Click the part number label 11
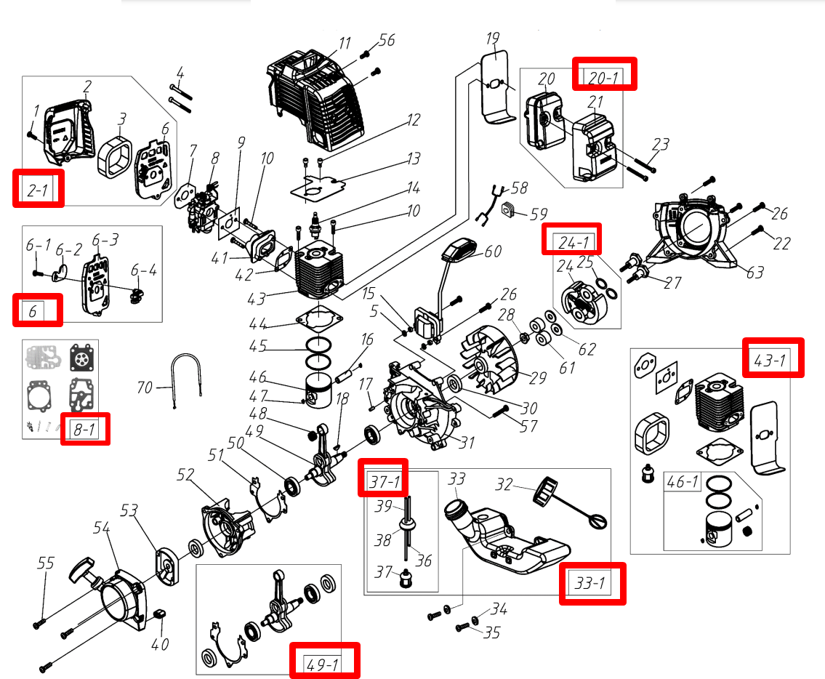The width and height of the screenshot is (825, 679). click(x=345, y=43)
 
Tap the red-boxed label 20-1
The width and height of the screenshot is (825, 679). click(x=604, y=74)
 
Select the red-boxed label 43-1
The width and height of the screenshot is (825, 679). click(x=773, y=357)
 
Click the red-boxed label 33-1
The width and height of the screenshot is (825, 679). click(x=592, y=584)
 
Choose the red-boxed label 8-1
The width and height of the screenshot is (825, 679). click(x=85, y=429)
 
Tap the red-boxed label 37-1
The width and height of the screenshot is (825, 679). click(x=383, y=480)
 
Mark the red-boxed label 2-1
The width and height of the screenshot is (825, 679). click(x=39, y=188)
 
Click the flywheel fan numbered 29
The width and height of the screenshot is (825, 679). click(x=490, y=359)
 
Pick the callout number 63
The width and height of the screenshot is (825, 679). click(x=755, y=273)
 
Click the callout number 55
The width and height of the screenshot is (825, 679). click(x=46, y=563)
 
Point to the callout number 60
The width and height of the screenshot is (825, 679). click(x=493, y=251)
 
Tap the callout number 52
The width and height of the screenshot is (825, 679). click(x=187, y=475)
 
